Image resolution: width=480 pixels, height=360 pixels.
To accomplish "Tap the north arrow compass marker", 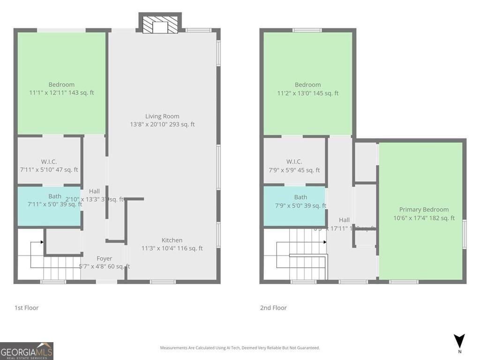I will (459, 342).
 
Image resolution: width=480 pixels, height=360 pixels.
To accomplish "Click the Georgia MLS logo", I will (27, 351).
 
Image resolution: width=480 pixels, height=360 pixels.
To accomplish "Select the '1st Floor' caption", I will (27, 308).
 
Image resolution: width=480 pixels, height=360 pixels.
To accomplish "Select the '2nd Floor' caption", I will (273, 308).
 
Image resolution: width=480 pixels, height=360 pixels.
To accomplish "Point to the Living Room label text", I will (162, 116).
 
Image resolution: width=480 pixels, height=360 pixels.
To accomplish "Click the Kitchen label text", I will (172, 240).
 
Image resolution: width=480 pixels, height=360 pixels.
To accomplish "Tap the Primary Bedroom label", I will (424, 210).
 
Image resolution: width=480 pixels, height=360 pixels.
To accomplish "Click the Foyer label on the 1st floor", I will (104, 258).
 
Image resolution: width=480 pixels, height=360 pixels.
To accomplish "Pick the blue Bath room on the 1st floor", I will (49, 206).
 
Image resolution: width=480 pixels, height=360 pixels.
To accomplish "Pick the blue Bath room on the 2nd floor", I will (294, 206).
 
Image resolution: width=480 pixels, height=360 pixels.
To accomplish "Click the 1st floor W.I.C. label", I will (49, 161).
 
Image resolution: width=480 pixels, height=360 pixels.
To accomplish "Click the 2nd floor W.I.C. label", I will (294, 161).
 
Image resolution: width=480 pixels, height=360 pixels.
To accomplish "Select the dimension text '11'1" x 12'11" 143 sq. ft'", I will (61, 93).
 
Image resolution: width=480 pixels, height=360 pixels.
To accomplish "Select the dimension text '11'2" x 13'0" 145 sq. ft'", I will (307, 93).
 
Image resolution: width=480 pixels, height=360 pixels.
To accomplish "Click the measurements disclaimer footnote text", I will (240, 348).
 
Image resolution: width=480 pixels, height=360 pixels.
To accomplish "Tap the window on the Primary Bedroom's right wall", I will (465, 233).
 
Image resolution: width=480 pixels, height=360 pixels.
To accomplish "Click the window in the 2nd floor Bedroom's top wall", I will (307, 30).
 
